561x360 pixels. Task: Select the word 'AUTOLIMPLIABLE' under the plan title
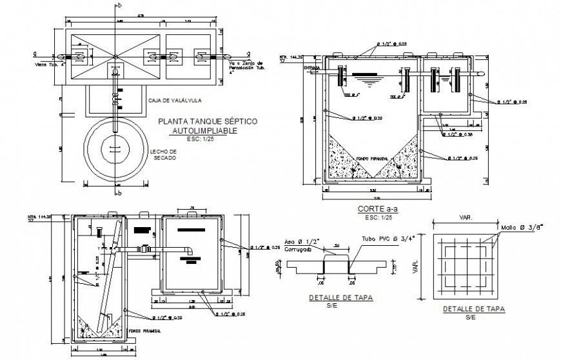204,130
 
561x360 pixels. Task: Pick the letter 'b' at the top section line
119,6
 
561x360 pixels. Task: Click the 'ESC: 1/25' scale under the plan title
203,138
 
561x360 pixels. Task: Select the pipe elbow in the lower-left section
189,252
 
